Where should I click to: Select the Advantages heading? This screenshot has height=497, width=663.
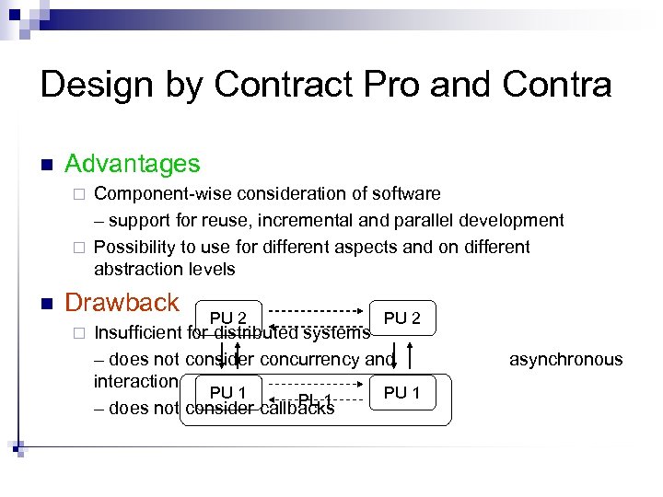[x=132, y=165]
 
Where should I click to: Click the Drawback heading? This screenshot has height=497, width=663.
[x=122, y=303]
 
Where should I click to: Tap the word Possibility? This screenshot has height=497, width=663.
[x=132, y=247]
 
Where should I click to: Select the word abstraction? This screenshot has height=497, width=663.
[x=137, y=270]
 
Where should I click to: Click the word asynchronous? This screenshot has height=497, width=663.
[x=565, y=360]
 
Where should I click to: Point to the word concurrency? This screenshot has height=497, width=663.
[x=312, y=360]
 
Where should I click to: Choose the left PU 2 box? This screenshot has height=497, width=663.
[x=228, y=318]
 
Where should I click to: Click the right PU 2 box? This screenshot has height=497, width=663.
[x=401, y=318]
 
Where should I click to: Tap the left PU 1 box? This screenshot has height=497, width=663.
[x=227, y=393]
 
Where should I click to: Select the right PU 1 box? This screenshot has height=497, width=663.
[x=401, y=393]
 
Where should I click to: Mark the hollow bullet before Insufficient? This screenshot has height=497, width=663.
[x=80, y=333]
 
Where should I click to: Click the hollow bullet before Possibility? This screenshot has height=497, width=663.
[x=80, y=248]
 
